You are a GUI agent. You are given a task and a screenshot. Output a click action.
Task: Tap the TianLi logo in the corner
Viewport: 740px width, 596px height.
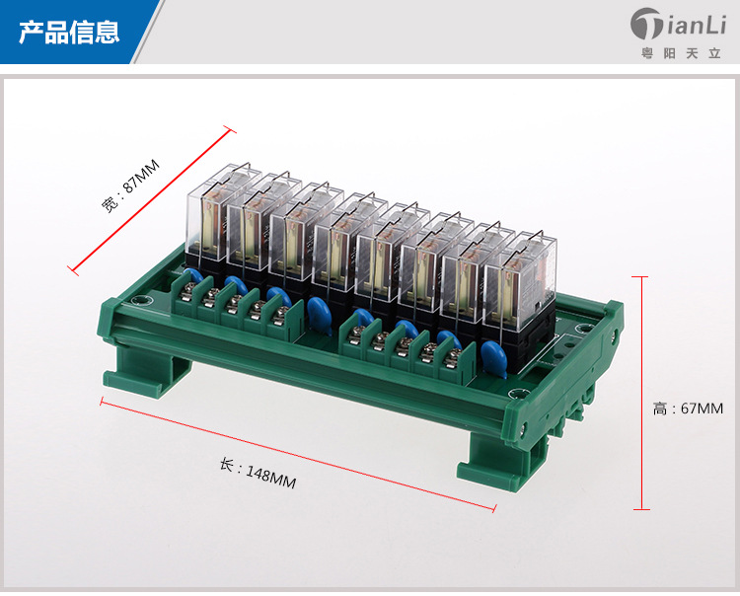click(676, 24)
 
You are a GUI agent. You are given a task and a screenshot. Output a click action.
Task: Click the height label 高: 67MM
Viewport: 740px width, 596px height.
click(688, 408)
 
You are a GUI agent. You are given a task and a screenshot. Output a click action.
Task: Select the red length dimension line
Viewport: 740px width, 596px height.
click(296, 455)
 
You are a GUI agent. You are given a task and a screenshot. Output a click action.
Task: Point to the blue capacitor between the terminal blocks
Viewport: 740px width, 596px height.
click(318, 315)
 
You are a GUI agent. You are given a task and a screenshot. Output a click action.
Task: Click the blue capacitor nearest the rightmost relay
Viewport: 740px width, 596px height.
click(494, 357)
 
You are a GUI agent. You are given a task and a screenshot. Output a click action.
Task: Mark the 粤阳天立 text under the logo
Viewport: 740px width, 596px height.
click(680, 52)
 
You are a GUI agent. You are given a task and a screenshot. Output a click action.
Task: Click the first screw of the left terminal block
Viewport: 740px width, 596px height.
click(187, 289)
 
